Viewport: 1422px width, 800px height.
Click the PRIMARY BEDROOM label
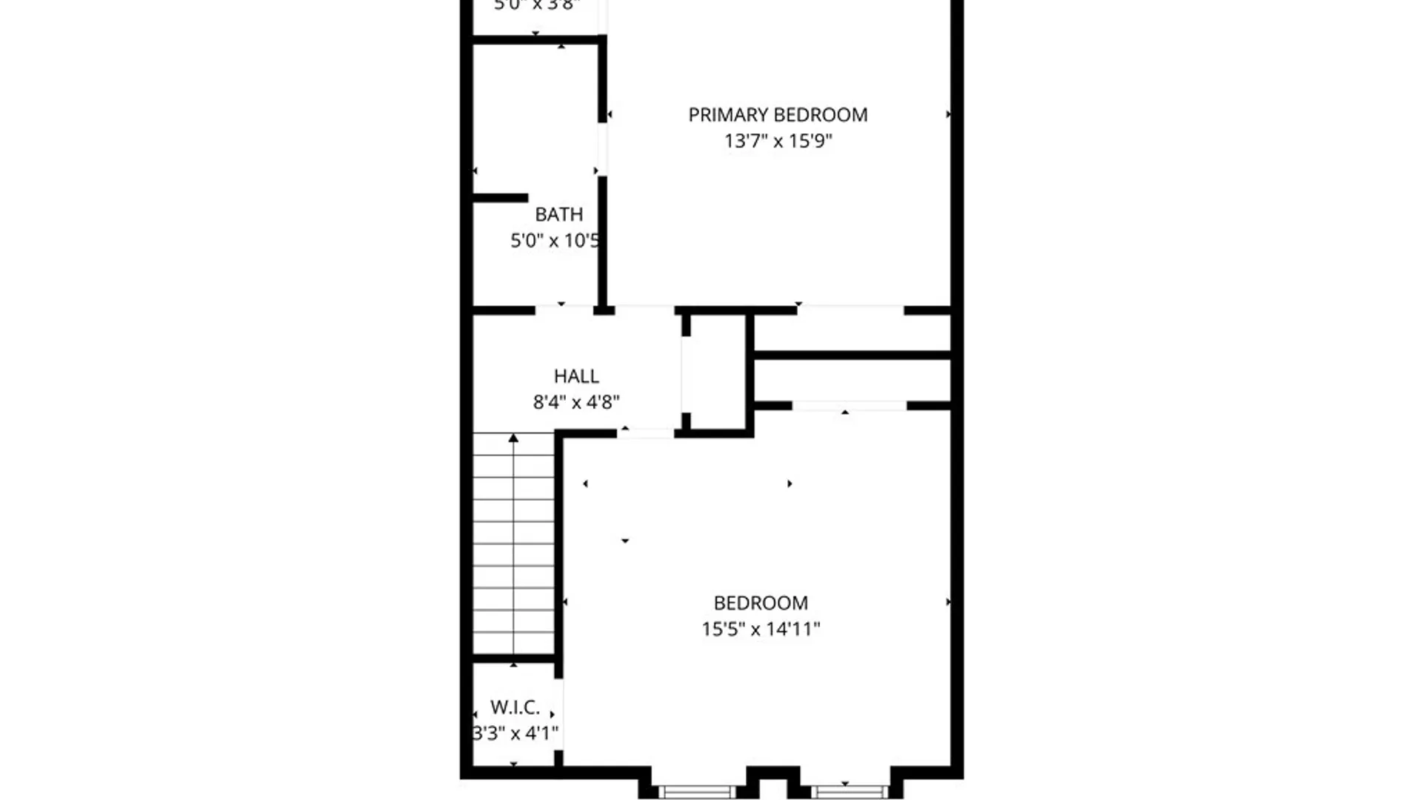[x=778, y=115]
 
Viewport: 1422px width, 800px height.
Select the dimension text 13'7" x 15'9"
[x=778, y=141]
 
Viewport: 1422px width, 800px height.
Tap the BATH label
[x=558, y=214]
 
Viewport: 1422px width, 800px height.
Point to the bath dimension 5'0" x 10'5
[x=555, y=240]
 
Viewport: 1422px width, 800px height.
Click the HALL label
[x=576, y=376]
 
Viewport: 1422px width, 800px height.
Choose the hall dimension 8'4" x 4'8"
[x=576, y=402]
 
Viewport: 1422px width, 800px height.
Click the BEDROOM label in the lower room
[x=761, y=603]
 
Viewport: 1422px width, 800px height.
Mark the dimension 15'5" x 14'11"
[x=761, y=629]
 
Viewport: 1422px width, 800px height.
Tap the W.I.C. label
[x=515, y=707]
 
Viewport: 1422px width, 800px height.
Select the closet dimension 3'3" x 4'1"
[x=515, y=733]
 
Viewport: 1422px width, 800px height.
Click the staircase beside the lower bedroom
[x=513, y=544]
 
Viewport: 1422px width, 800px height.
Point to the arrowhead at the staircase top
[x=513, y=439]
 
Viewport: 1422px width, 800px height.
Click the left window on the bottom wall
[x=696, y=792]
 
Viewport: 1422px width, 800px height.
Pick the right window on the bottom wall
[x=849, y=792]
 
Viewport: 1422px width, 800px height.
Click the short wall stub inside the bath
[x=501, y=198]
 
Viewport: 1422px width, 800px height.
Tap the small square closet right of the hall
[x=715, y=372]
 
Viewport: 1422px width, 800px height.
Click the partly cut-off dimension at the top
[x=536, y=6]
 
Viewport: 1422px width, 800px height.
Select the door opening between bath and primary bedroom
[x=603, y=149]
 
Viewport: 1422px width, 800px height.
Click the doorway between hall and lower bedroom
[x=646, y=433]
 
